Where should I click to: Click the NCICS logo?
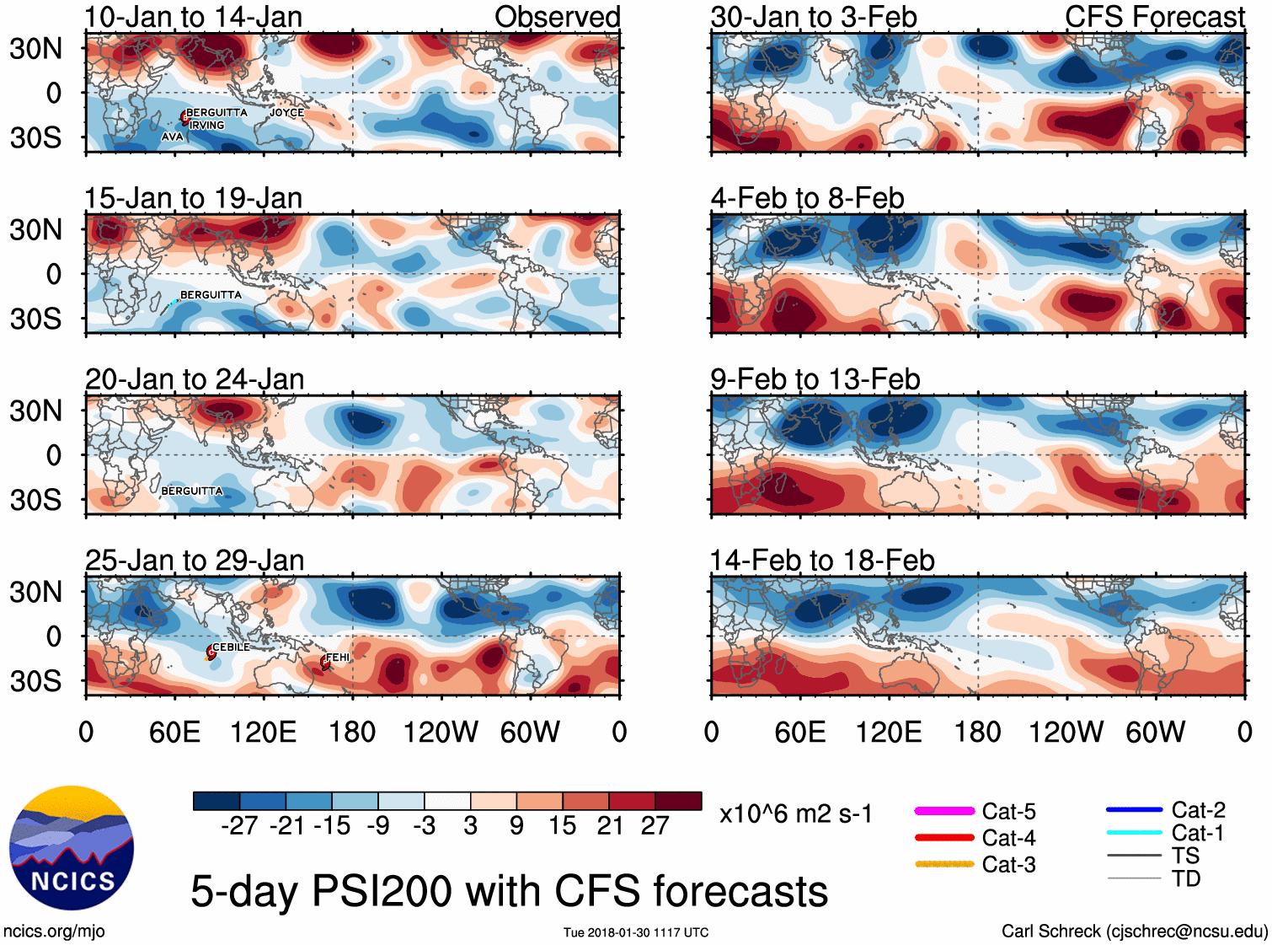coord(72,848)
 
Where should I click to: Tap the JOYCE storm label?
coord(286,113)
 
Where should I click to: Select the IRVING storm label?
coord(207,126)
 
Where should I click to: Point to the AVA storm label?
coord(172,137)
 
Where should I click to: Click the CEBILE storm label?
coord(231,647)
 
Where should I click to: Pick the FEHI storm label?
coord(338,658)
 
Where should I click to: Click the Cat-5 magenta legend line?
coord(944,811)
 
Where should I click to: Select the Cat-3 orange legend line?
coord(944,864)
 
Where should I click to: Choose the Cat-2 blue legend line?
coord(1134,810)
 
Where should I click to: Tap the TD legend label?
coord(1186,878)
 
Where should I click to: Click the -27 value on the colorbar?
coord(239,826)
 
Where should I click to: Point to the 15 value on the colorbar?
coord(563,826)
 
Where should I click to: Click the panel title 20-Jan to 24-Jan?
coord(195,379)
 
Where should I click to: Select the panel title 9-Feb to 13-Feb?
coord(815,379)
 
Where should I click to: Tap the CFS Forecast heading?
coord(1154,17)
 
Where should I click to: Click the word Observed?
coord(557,17)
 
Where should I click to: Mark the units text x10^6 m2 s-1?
coord(795,814)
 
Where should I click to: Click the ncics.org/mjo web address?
coord(54,932)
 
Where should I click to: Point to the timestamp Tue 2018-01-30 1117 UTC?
coord(636,932)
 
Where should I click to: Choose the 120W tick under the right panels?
coord(1066,732)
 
